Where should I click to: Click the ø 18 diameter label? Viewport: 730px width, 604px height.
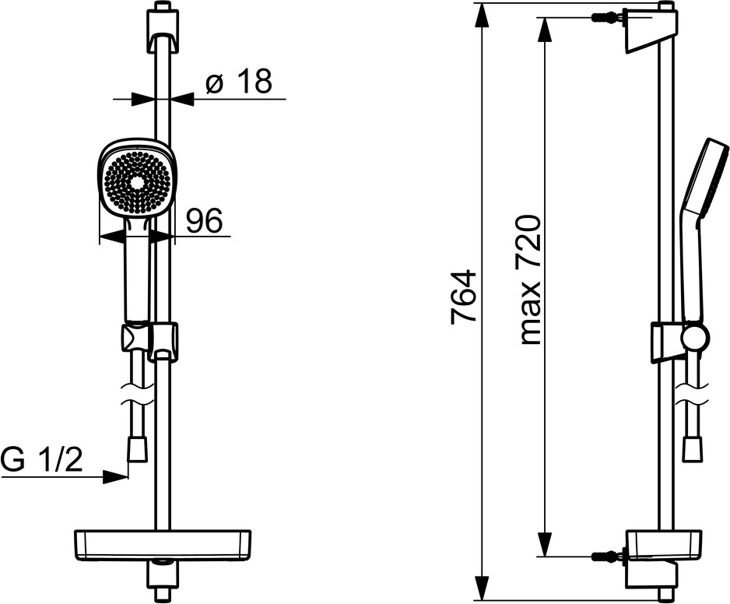(238, 82)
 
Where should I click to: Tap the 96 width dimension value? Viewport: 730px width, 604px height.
(205, 220)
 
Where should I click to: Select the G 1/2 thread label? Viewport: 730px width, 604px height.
(42, 460)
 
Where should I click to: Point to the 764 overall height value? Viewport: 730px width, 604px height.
(464, 297)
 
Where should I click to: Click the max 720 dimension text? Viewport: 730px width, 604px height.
(530, 280)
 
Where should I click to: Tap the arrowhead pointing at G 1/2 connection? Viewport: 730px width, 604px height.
(114, 476)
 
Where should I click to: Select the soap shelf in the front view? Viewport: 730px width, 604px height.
(163, 544)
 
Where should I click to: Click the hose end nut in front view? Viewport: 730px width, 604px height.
(137, 449)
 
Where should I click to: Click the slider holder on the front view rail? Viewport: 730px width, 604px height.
(150, 342)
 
